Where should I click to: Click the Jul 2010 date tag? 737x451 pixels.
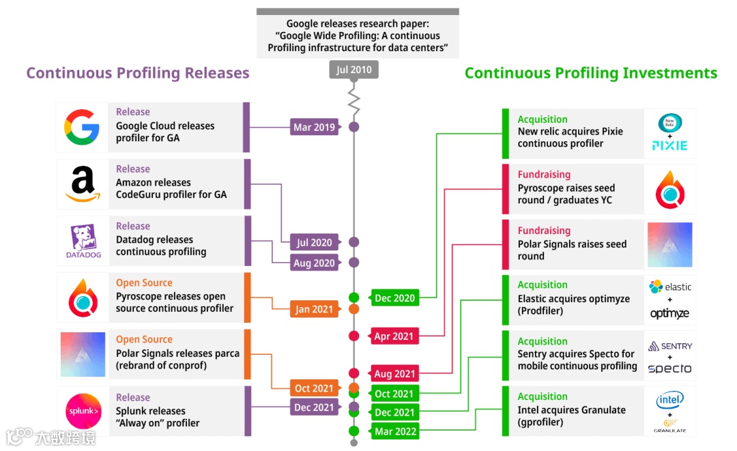click(353, 70)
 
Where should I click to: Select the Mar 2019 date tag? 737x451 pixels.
click(314, 127)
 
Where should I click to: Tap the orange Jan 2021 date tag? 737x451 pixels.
click(314, 309)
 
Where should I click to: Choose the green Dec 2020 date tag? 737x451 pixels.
click(394, 297)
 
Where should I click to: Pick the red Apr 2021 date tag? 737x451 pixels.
click(394, 336)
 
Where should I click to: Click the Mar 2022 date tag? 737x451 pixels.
click(394, 431)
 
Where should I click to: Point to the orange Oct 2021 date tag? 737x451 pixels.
click(314, 388)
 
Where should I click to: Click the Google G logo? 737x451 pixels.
click(82, 127)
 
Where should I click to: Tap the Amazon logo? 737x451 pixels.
click(82, 184)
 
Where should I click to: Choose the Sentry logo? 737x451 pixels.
click(669, 346)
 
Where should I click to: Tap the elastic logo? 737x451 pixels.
click(669, 287)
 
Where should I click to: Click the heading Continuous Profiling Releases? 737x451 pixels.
click(138, 73)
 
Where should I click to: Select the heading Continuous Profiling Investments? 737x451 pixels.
click(591, 73)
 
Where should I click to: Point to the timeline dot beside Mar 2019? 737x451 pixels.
click(353, 127)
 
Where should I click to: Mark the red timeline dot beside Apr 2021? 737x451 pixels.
click(353, 336)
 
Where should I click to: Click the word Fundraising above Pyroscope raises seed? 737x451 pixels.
click(544, 175)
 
